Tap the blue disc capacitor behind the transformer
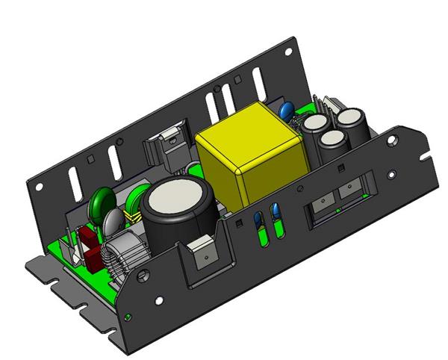[x=286, y=112]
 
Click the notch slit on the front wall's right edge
[x=424, y=158]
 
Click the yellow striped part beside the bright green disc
[x=135, y=217]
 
